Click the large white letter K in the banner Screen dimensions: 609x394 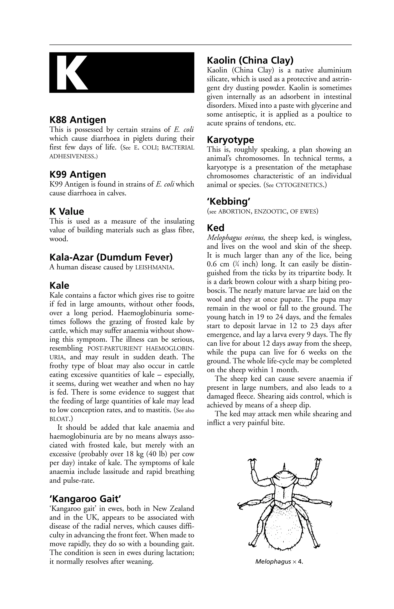[x=72, y=73]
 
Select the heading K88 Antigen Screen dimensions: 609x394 [x=78, y=120]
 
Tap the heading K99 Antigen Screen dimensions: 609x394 [x=78, y=175]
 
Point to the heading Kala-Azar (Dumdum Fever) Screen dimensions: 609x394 [x=111, y=257]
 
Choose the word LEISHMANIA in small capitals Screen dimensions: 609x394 [x=154, y=268]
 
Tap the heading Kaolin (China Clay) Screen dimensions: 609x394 [x=250, y=61]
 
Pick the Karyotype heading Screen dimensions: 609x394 [x=230, y=140]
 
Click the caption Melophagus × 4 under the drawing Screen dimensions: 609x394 [x=279, y=562]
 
